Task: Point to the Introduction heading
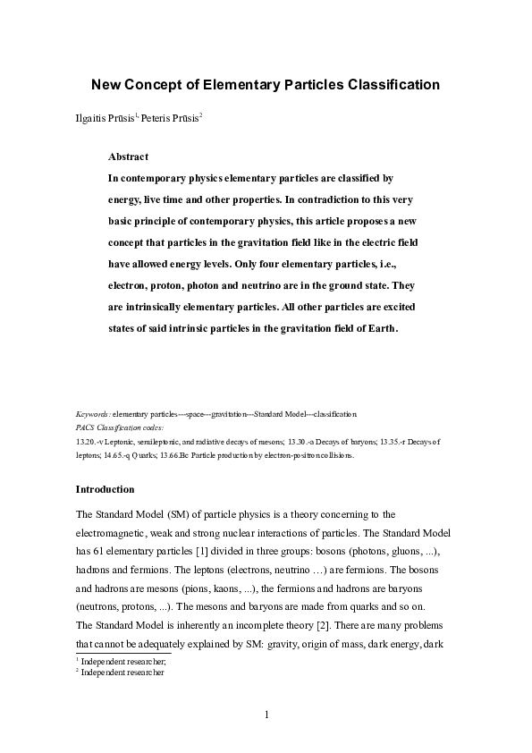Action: click(x=106, y=489)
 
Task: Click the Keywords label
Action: click(x=93, y=415)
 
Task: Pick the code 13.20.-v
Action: click(x=91, y=442)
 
